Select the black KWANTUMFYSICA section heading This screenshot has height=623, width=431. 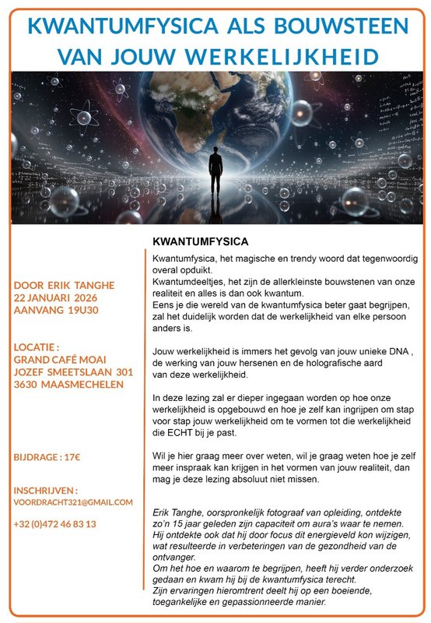pyautogui.click(x=200, y=241)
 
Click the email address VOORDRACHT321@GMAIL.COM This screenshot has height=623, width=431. pyautogui.click(x=74, y=503)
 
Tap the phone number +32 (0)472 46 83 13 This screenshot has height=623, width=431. pyautogui.click(x=54, y=524)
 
